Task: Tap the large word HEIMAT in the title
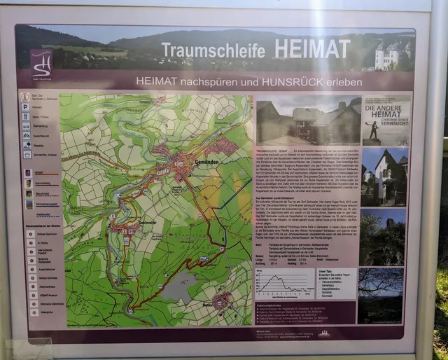311,49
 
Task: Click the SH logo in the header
41,63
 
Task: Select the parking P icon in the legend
25,107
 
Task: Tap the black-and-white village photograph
308,120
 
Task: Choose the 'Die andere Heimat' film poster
385,119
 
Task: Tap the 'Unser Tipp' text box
335,284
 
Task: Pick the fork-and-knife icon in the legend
26,117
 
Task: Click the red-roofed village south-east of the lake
223,301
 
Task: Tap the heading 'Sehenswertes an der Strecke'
41,226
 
